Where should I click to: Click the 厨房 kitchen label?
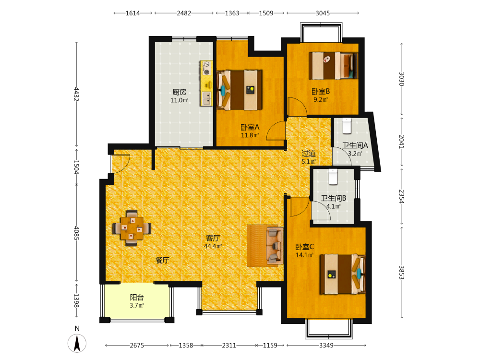180,92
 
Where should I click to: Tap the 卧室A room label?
250,127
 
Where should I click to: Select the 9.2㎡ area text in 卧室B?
321,99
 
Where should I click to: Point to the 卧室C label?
304,247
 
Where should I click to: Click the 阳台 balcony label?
137,297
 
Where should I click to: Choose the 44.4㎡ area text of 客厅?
213,246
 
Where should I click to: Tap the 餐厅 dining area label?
162,260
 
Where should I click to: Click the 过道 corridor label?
309,154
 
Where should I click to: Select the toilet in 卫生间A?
347,126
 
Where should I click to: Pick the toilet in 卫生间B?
333,177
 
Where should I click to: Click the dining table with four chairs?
132,228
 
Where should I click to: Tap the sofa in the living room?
275,245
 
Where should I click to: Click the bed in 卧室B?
333,66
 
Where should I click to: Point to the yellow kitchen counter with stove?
206,83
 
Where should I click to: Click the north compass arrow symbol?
77,343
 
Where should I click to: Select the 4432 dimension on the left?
76,94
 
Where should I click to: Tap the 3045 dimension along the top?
323,13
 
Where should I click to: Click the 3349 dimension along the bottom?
326,345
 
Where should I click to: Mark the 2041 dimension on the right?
402,142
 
